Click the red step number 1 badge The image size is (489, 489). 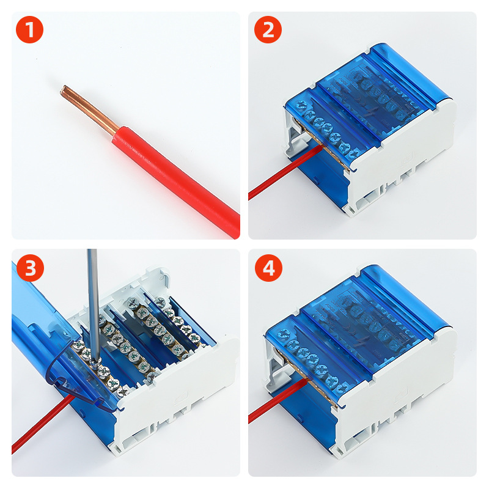tap(29, 29)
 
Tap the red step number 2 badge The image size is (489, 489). tap(268, 29)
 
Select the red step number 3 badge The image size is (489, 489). tap(30, 268)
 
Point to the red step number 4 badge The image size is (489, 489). tap(268, 268)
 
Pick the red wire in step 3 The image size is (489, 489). tap(42, 424)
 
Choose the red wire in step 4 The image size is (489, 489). tap(278, 401)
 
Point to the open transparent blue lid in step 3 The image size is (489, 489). tap(56, 349)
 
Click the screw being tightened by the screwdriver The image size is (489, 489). tap(95, 362)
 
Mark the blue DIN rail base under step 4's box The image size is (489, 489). tap(307, 415)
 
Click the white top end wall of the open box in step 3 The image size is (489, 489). tap(125, 290)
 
